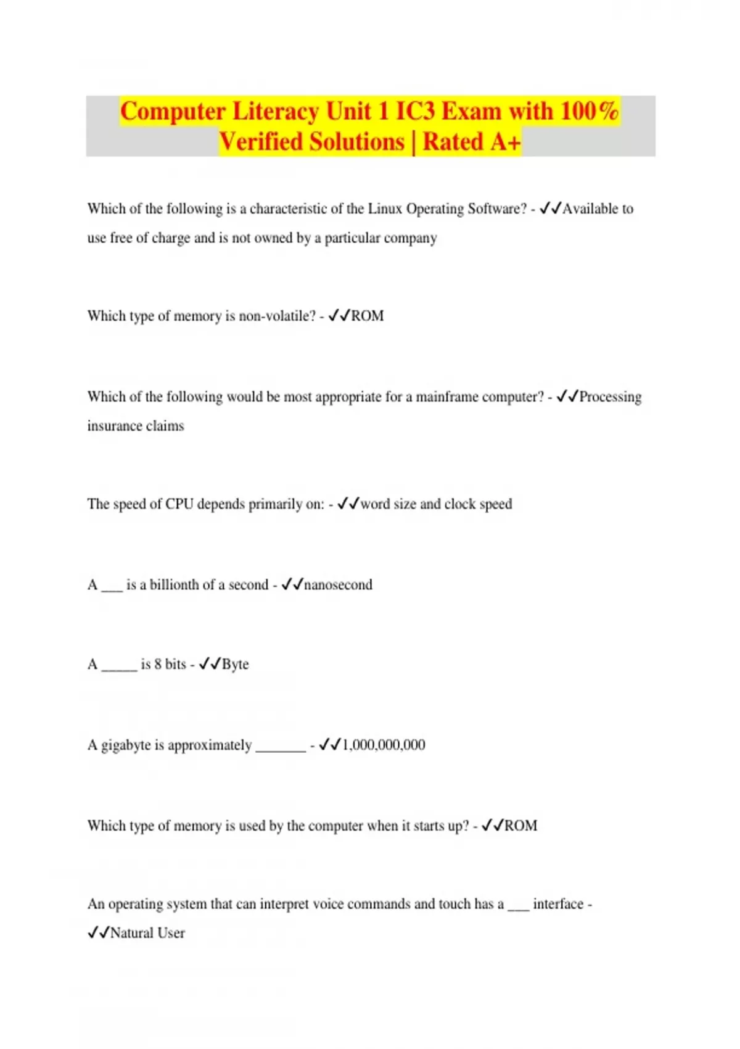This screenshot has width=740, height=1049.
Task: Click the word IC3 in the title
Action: (x=415, y=112)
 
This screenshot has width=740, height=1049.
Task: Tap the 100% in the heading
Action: (x=589, y=112)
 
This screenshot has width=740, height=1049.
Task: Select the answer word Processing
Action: (x=610, y=397)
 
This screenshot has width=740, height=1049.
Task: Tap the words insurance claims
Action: (x=136, y=426)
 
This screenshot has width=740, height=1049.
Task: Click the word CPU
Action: (x=179, y=504)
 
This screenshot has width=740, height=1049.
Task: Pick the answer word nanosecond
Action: (x=338, y=584)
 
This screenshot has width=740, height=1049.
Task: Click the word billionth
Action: (x=178, y=584)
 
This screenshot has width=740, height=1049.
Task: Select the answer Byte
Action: (x=235, y=665)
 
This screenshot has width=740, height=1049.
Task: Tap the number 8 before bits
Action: (x=158, y=665)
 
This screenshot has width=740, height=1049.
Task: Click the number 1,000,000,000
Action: (x=384, y=745)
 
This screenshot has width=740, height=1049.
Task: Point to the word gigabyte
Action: (x=126, y=745)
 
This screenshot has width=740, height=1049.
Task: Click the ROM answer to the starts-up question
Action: (x=520, y=826)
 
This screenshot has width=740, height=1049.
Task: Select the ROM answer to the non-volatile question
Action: (x=368, y=316)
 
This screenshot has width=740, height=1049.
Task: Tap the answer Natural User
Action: (x=147, y=933)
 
